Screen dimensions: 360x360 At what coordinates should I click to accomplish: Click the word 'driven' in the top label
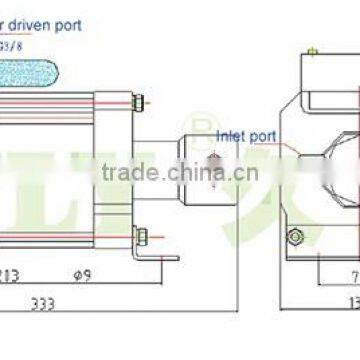[59, 23]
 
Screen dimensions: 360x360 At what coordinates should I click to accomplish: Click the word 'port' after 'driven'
[94, 23]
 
